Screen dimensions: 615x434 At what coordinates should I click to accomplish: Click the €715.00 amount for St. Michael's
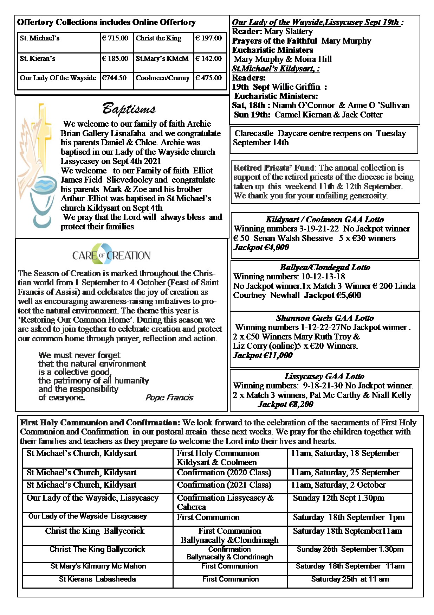pyautogui.click(x=115, y=38)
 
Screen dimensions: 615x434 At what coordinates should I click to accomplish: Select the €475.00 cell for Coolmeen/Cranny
pyautogui.click(x=208, y=78)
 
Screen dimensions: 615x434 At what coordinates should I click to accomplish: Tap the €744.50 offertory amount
pyautogui.click(x=114, y=78)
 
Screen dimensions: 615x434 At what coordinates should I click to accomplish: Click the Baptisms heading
pyautogui.click(x=129, y=109)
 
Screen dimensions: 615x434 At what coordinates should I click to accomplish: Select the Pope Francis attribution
pyautogui.click(x=169, y=398)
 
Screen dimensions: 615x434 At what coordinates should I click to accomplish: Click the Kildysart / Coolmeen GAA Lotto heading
pyautogui.click(x=325, y=220)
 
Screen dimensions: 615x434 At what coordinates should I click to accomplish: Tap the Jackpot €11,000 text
pyautogui.click(x=263, y=355)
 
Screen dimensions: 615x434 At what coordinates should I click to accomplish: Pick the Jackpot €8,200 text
pyautogui.click(x=285, y=404)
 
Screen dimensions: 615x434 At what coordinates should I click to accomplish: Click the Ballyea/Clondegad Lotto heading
pyautogui.click(x=325, y=267)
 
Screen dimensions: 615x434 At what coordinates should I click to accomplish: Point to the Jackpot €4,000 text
pyautogui.click(x=261, y=247)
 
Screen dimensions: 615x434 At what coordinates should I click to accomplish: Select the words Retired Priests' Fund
pyautogui.click(x=274, y=168)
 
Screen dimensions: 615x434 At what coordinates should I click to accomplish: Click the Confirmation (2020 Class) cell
pyautogui.click(x=224, y=473)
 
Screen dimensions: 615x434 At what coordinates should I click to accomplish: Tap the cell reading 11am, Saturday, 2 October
pyautogui.click(x=338, y=485)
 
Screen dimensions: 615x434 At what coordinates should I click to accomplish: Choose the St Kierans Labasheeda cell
pyautogui.click(x=97, y=579)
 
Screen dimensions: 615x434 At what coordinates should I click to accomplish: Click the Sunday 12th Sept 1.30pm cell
pyautogui.click(x=338, y=498)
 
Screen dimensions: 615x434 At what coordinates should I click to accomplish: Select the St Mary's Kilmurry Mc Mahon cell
pyautogui.click(x=98, y=566)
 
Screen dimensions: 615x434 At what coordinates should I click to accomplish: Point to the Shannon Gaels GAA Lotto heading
pyautogui.click(x=325, y=318)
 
